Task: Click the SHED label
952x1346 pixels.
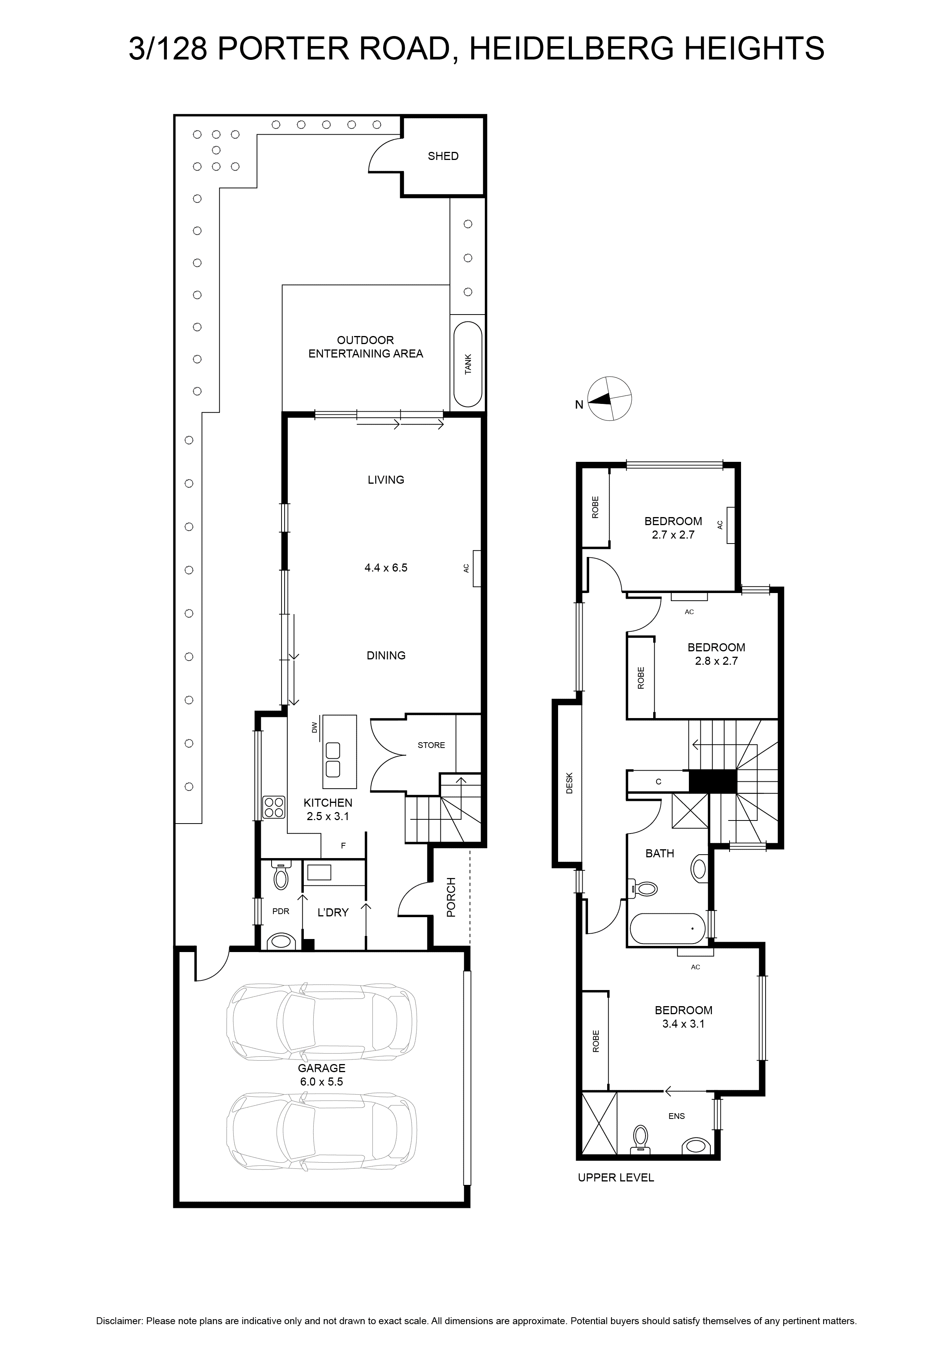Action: pyautogui.click(x=443, y=156)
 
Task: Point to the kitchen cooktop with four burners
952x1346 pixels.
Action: pyautogui.click(x=273, y=807)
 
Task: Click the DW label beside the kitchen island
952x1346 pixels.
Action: pyautogui.click(x=314, y=728)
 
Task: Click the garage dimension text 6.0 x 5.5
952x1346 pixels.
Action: pyautogui.click(x=321, y=1082)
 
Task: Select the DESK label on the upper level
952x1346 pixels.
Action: pyautogui.click(x=568, y=783)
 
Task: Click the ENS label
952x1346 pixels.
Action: pyautogui.click(x=677, y=1116)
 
